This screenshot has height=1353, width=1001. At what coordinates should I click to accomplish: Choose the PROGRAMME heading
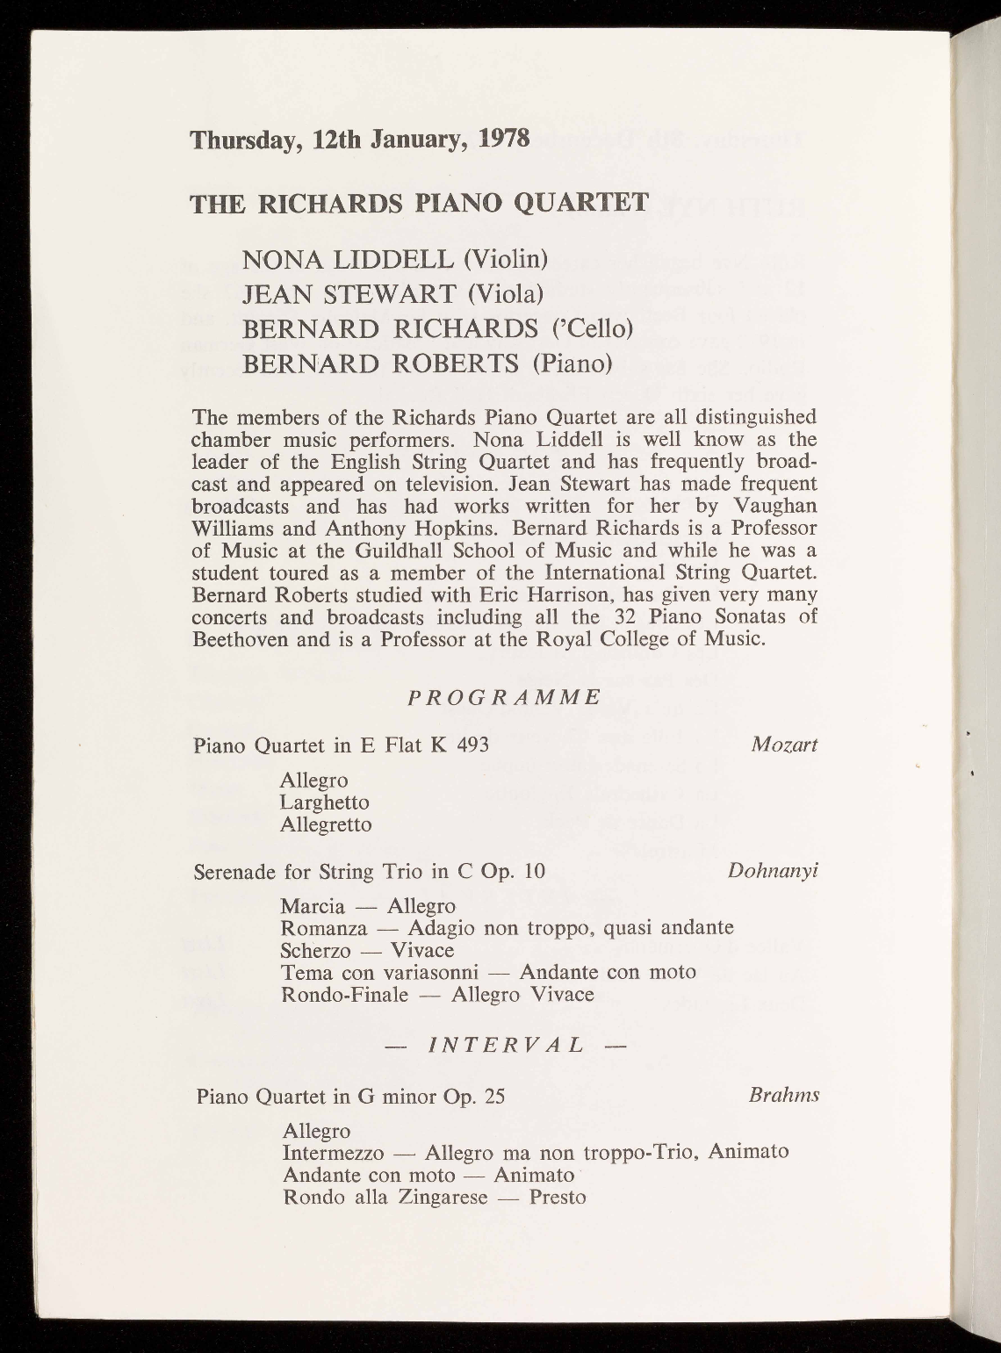pos(505,697)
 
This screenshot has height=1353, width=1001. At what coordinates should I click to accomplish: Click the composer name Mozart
pos(784,745)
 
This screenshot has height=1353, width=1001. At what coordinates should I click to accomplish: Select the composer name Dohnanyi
pos(773,870)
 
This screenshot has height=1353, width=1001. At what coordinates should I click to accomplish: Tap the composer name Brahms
pos(784,1095)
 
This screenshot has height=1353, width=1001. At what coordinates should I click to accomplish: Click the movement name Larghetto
pos(325,802)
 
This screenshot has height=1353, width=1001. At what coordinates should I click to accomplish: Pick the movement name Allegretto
pos(326,824)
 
